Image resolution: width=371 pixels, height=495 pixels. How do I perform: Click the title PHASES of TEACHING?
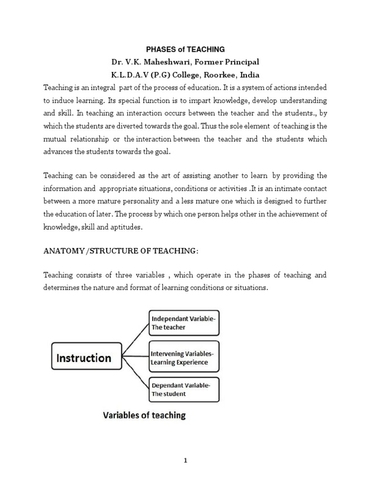tap(186, 49)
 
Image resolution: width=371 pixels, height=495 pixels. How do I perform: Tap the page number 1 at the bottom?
tap(185, 461)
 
